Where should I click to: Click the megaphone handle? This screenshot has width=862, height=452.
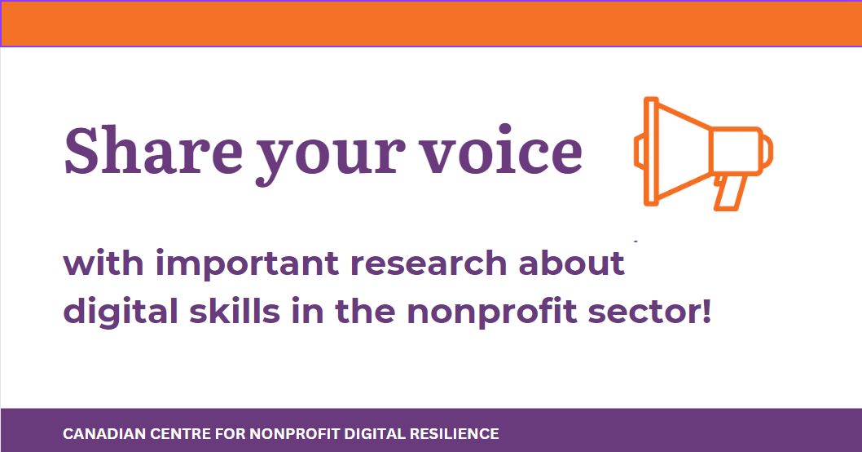tap(729, 192)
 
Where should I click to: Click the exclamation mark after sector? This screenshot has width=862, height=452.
tap(706, 311)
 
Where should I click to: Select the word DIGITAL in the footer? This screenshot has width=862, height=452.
tap(371, 433)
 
